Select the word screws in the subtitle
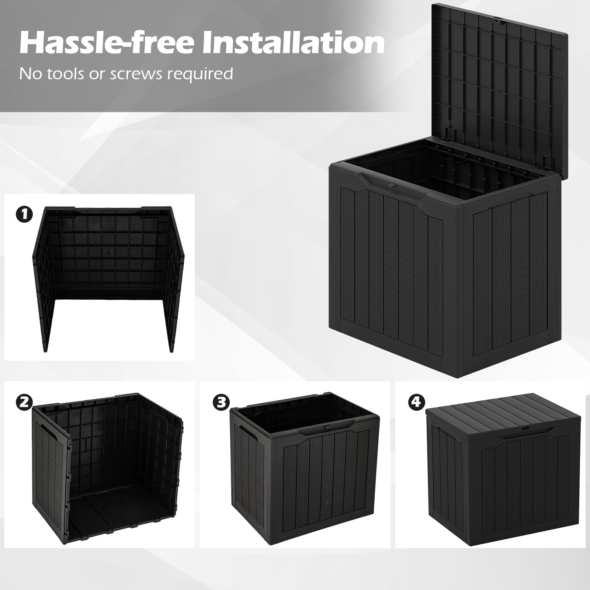click(x=142, y=74)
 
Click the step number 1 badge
click(x=24, y=215)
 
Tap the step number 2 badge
click(x=24, y=402)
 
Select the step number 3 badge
click(x=220, y=402)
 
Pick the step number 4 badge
click(x=416, y=402)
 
